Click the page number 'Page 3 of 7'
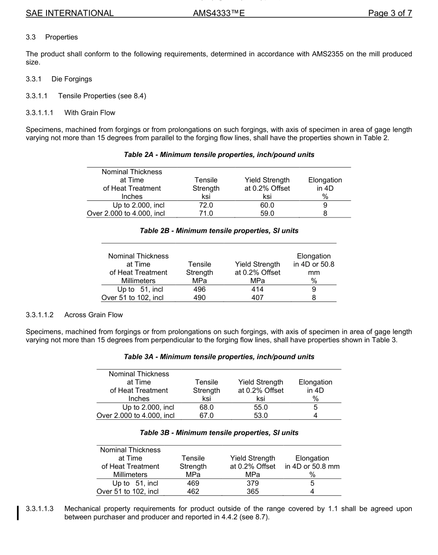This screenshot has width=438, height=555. coord(390,13)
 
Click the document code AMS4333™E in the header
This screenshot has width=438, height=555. coord(219,13)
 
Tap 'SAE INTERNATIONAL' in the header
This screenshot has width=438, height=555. coord(70,13)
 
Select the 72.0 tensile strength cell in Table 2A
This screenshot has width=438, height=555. coord(206,205)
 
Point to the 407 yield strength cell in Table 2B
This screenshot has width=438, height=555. coord(257,298)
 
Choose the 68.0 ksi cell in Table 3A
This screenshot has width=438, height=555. coord(206,407)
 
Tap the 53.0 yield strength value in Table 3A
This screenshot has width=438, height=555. coord(260,416)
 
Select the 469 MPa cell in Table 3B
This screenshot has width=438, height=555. coord(193,483)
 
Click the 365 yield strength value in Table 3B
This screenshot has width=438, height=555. coord(253,492)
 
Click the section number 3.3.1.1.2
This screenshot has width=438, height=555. coord(40,315)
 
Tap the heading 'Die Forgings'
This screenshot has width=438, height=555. coord(71,79)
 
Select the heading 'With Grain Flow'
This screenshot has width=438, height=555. coord(90,113)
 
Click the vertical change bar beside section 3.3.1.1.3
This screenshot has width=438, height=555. coord(18,513)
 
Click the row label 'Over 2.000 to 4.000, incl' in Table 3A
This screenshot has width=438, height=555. coord(136,416)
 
